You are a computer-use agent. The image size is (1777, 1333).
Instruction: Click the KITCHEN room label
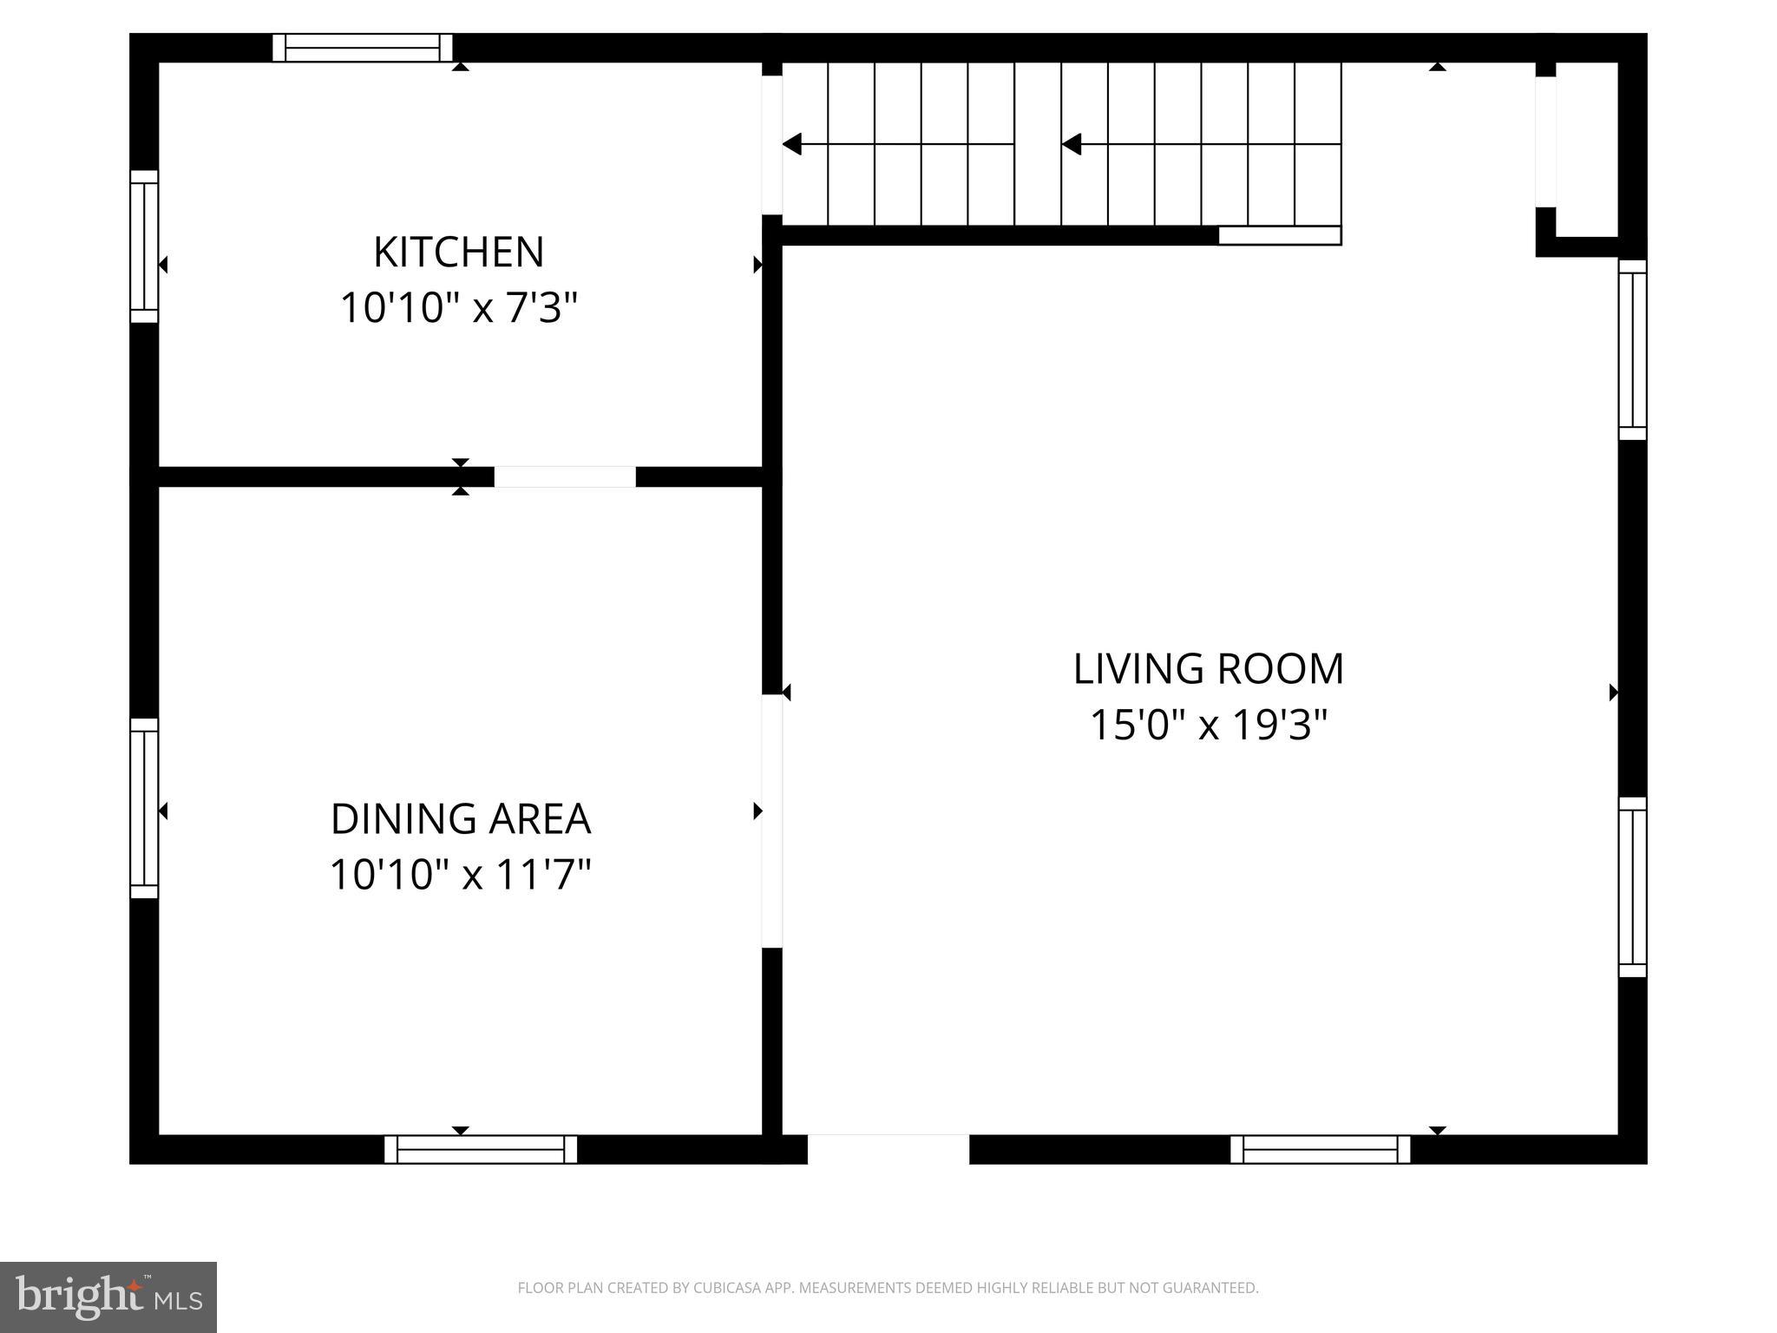pos(458,253)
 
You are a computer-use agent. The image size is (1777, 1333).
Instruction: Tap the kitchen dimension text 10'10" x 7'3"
pos(458,308)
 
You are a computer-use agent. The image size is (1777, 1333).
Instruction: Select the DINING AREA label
pos(461,819)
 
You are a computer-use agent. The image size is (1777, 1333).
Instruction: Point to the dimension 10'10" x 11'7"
pos(461,875)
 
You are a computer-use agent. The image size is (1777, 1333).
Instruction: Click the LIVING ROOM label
pos(1208,669)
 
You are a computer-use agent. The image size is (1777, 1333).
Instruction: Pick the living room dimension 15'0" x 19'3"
pos(1208,726)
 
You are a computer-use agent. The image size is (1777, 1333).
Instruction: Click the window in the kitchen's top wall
pos(363,48)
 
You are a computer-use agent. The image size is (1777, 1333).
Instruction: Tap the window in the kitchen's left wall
pos(144,246)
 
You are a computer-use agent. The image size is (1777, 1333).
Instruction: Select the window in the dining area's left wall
pos(144,808)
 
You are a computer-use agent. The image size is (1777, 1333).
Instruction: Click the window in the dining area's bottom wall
pos(481,1149)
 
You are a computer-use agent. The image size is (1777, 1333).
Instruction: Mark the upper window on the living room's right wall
pos(1632,350)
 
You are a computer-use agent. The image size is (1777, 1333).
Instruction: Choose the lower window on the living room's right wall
pos(1632,887)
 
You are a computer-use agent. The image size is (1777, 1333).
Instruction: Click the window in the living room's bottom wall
pos(1320,1149)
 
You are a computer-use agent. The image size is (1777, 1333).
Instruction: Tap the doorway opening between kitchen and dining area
pos(565,476)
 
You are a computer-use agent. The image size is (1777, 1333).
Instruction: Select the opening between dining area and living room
pos(771,821)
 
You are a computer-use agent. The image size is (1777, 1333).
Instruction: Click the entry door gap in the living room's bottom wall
pos(888,1149)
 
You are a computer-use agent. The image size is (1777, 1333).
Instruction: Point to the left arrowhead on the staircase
pos(792,144)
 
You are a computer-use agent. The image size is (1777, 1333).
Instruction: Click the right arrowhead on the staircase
pos(1072,144)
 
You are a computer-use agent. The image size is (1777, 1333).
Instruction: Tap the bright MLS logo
pos(108,1297)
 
